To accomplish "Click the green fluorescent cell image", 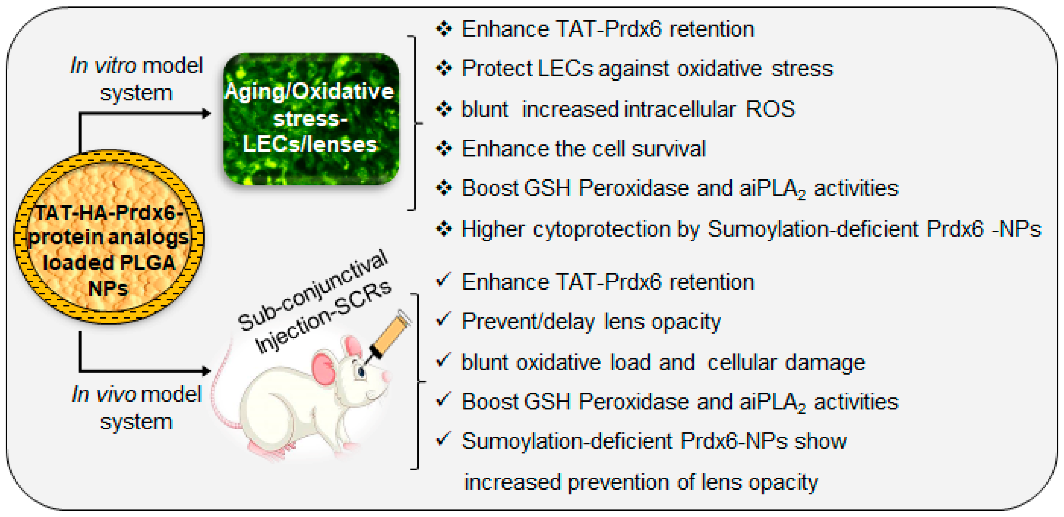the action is click(x=311, y=119).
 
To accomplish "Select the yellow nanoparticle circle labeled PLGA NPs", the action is click(x=109, y=236).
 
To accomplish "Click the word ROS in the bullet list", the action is click(x=770, y=109).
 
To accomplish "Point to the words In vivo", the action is click(x=104, y=394).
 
